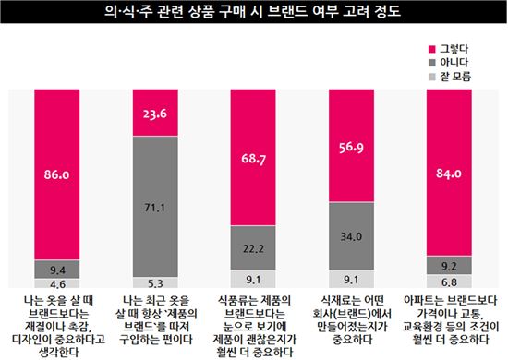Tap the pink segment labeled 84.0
click(450, 171)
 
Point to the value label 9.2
click(450, 265)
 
